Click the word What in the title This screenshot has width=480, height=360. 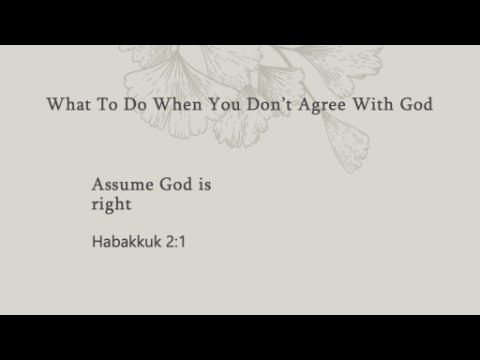[x=69, y=104]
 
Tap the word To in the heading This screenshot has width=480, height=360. [x=107, y=104]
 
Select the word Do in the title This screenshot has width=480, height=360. [x=135, y=104]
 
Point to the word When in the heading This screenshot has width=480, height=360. [x=178, y=104]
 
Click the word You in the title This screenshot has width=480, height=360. [x=224, y=104]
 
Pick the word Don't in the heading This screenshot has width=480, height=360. [x=269, y=104]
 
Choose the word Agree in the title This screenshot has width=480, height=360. [x=322, y=105]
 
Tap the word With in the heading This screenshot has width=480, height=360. [x=373, y=104]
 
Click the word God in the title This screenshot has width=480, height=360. [x=416, y=104]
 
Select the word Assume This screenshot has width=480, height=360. [x=123, y=184]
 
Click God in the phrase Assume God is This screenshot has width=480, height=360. [x=176, y=184]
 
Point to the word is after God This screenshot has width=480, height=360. [x=205, y=184]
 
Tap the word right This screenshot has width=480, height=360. [x=111, y=204]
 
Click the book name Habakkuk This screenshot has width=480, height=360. [x=127, y=241]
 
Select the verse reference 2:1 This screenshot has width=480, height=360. [x=176, y=242]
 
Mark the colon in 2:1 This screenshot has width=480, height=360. [x=177, y=243]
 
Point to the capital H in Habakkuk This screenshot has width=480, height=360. [x=97, y=241]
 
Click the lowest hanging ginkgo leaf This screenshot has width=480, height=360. [x=347, y=144]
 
